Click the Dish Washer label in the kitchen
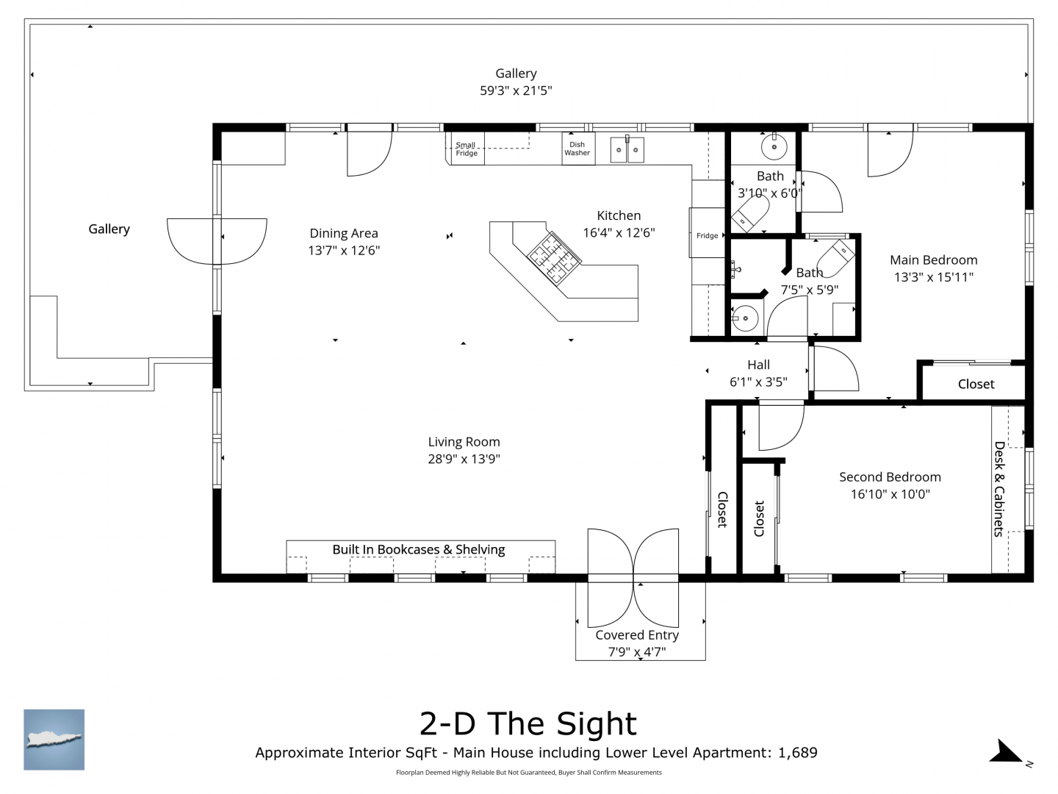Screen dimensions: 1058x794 pos(577,149)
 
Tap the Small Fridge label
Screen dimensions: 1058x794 pos(466,149)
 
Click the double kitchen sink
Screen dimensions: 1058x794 pos(627,149)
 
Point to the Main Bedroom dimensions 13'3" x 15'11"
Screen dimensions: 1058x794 pos(934,277)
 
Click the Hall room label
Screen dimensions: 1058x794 pos(758,365)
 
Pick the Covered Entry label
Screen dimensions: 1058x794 pos(637,635)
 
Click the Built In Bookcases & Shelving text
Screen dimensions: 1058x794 pos(418,549)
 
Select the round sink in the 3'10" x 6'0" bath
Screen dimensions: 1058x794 pos(774,146)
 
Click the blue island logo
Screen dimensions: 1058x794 pos(54,740)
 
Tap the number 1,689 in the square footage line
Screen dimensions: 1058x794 pos(798,753)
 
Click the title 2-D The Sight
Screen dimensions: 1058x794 pos(528,723)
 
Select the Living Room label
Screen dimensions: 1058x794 pos(464,442)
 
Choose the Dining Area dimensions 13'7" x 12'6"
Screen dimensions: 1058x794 pos(344,250)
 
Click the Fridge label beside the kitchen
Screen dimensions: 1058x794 pos(707,236)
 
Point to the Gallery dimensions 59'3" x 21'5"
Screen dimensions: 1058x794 pos(516,90)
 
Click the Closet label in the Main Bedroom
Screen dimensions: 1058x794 pos(976,385)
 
